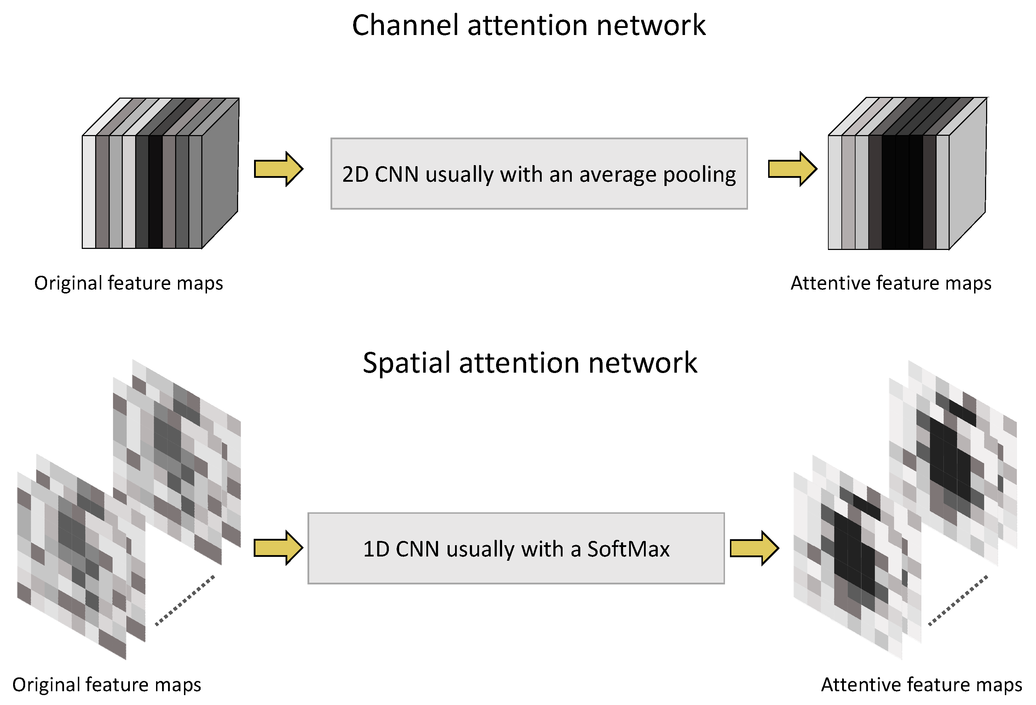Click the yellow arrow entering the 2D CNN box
tap(278, 169)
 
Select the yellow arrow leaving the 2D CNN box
tap(792, 169)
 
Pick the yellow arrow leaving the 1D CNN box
tap(754, 548)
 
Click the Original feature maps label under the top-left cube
tap(128, 283)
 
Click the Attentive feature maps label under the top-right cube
tap(891, 283)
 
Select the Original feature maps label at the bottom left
tap(107, 684)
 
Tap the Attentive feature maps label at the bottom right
tap(921, 684)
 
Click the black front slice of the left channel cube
tap(155, 192)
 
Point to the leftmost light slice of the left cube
tap(89, 192)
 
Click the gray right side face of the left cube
tap(220, 174)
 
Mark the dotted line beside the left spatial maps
tap(185, 601)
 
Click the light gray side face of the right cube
tap(967, 174)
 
